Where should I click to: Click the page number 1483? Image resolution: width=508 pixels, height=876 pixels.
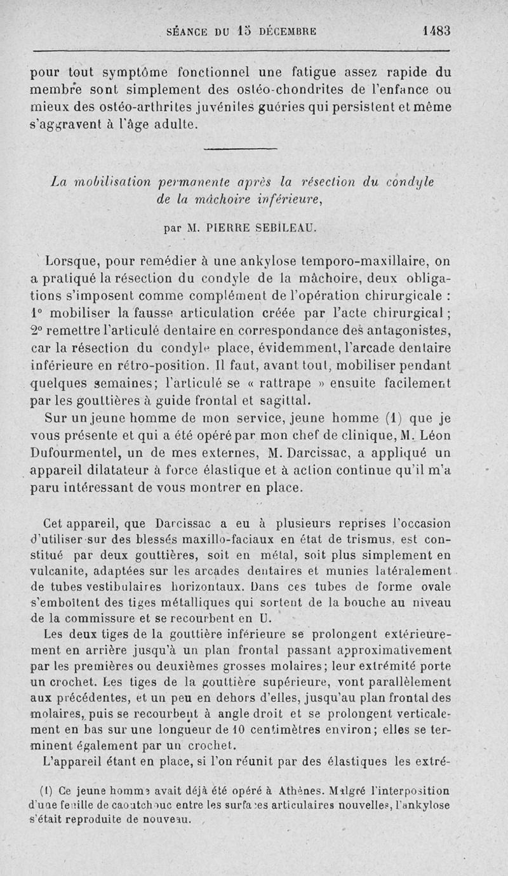[x=434, y=30]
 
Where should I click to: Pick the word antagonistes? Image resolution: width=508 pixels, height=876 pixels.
[x=410, y=331]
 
